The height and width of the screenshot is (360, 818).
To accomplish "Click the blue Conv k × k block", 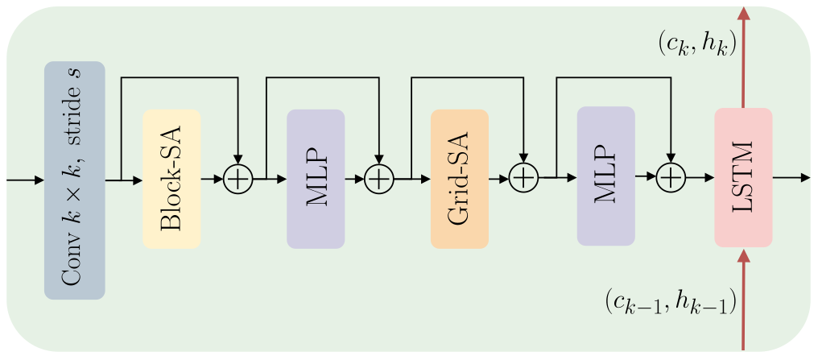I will click(74, 180).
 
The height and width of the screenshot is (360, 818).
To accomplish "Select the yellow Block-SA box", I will click(171, 179).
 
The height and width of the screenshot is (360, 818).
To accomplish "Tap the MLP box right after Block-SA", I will click(316, 179).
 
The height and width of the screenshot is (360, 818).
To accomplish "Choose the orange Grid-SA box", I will click(460, 179).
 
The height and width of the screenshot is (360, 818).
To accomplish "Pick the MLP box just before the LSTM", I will click(605, 176).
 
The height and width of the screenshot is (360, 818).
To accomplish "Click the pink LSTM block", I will click(743, 177).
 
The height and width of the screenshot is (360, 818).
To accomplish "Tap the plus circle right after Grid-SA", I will click(524, 177).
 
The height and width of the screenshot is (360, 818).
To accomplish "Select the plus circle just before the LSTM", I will click(670, 176).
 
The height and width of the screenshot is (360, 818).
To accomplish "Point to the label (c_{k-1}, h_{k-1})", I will click(670, 304).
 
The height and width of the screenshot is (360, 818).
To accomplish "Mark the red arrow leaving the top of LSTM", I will click(743, 56).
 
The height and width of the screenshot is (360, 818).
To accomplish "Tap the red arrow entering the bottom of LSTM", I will click(743, 298).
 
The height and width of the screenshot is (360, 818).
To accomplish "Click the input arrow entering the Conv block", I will click(24, 180).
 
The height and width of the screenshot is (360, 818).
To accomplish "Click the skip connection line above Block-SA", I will click(179, 77).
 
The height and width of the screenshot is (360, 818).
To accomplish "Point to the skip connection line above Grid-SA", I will click(467, 77).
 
